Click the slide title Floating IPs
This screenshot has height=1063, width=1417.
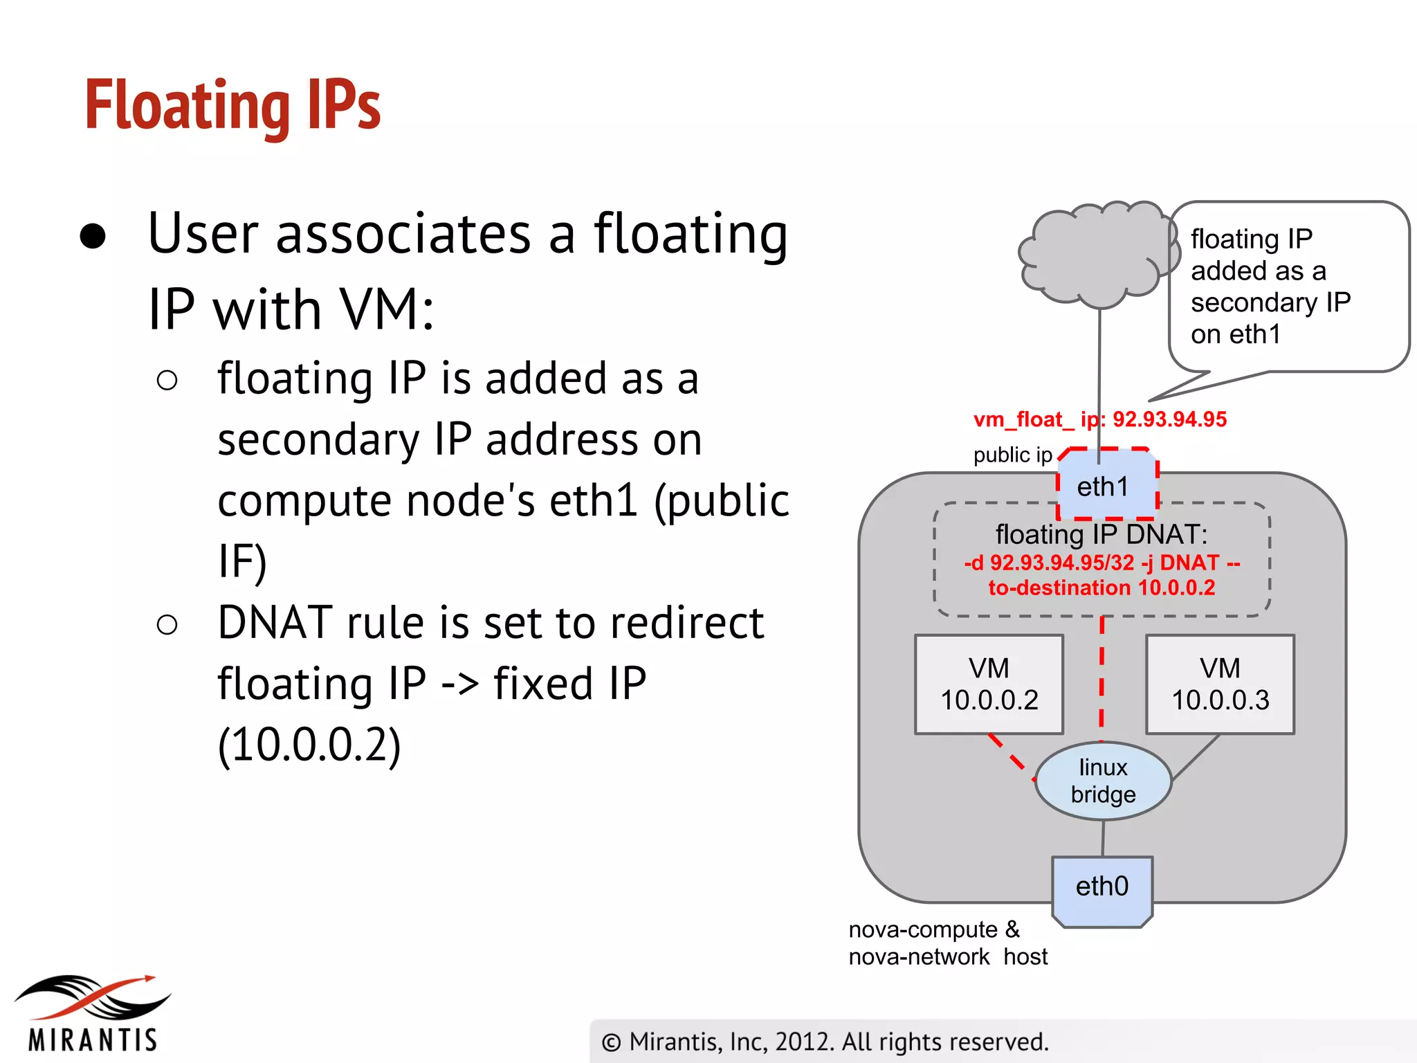point(232,105)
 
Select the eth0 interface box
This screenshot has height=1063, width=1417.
point(1101,887)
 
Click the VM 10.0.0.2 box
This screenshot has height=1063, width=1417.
point(989,684)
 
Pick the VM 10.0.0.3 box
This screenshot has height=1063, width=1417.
point(1220,684)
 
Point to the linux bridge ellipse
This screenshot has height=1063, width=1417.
point(1103,781)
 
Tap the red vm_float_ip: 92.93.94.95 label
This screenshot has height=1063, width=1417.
point(1099,419)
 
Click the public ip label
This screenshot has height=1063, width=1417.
point(1012,455)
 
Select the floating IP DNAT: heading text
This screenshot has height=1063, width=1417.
point(1101,534)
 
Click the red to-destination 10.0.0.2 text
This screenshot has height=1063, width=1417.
point(1101,588)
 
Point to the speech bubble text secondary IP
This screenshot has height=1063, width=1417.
point(1270,302)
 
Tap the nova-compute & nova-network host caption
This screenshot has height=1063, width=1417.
point(948,943)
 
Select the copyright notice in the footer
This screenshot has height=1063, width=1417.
point(825,1042)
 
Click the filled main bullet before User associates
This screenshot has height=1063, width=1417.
point(93,236)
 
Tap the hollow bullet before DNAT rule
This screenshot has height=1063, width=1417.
point(167,625)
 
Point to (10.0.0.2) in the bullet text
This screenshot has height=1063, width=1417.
point(309,745)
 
